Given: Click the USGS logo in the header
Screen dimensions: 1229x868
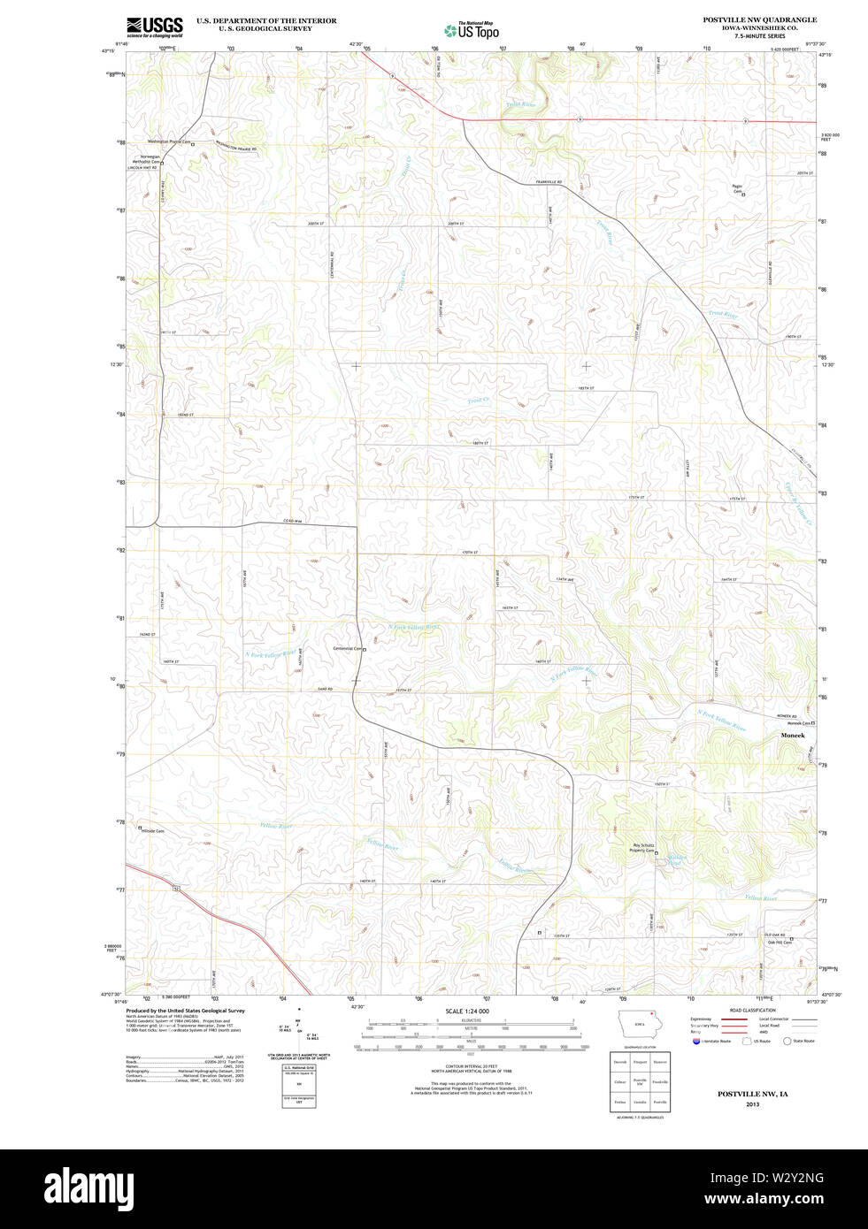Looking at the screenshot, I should (154, 26).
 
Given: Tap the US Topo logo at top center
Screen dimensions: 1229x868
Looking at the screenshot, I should (472, 30).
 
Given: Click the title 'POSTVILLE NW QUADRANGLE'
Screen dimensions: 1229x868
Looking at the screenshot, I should (759, 19).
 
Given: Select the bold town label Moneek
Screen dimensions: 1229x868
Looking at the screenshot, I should (792, 736).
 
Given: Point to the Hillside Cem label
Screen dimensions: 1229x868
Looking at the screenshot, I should (153, 831).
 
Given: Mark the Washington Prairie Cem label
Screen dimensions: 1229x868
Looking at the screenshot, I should (169, 141).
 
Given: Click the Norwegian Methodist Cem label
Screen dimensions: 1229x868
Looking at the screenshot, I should (146, 159).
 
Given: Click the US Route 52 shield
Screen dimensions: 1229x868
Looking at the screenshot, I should (177, 887).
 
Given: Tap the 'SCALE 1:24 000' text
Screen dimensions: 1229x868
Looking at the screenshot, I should (467, 1011).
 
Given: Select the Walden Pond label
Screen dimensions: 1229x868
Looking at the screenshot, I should (677, 859).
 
